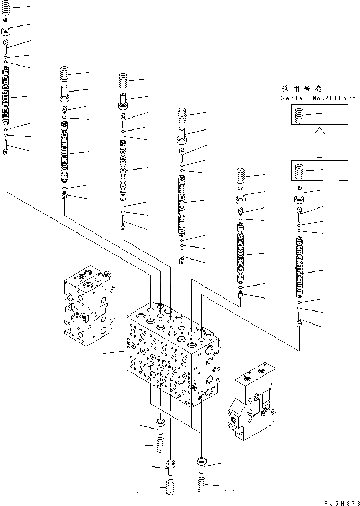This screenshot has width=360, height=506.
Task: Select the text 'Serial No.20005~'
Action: pyautogui.click(x=318, y=98)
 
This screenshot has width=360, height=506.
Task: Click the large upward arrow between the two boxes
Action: pyautogui.click(x=320, y=142)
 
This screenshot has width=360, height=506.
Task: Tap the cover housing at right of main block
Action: pyautogui.click(x=252, y=400)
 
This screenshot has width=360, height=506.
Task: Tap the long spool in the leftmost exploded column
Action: pyautogui.click(x=6, y=99)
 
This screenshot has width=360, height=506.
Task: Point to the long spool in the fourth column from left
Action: pyautogui.click(x=182, y=203)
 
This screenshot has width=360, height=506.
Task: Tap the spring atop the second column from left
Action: pyautogui.click(x=65, y=73)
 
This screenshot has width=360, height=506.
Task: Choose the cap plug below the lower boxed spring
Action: pyautogui.click(x=299, y=194)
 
